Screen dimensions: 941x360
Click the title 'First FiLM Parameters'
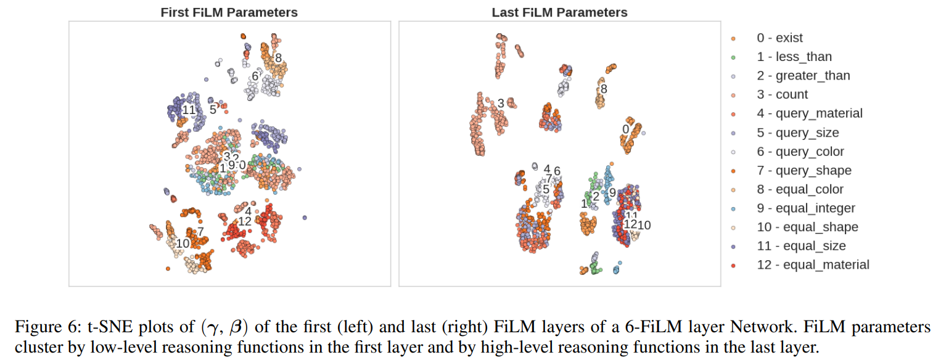(229, 12)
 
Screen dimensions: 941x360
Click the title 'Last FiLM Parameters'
(559, 12)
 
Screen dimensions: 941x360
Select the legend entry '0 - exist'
(779, 38)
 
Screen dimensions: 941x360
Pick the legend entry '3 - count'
(782, 95)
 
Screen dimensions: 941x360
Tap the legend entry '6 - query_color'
(800, 152)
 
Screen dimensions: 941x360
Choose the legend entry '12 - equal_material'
(813, 265)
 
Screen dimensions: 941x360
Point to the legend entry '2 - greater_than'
(803, 76)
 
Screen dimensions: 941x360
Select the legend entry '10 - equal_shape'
(807, 227)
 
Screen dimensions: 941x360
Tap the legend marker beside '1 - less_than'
(733, 57)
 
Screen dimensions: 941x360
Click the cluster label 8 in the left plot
(278, 59)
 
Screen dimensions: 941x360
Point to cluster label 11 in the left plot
(189, 110)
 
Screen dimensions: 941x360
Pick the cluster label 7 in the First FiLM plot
(200, 231)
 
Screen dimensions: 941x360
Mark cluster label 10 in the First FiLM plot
(183, 243)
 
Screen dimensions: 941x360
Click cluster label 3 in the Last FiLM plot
(501, 103)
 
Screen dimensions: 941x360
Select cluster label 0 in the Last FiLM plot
(625, 129)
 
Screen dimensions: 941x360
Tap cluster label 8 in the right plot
(604, 89)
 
